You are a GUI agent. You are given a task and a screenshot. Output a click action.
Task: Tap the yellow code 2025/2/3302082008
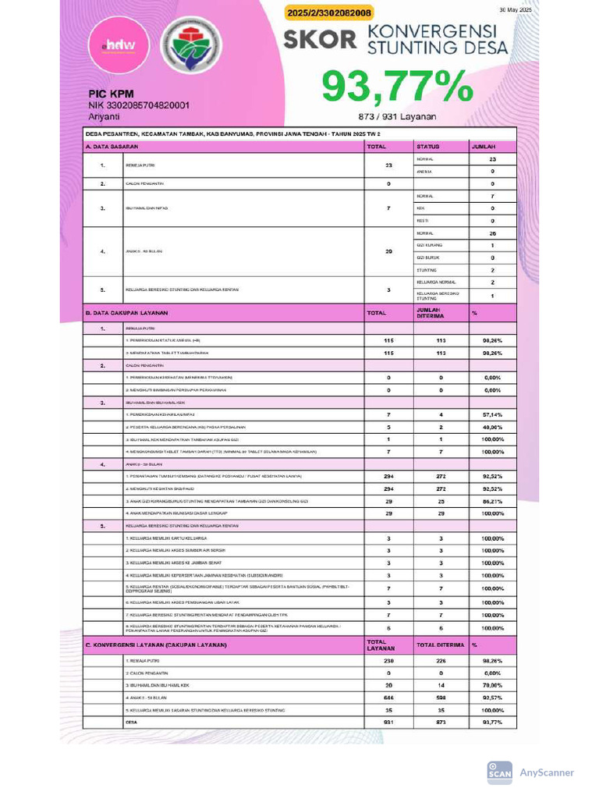330,12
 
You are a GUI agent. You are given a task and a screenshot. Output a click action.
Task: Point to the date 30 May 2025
514,9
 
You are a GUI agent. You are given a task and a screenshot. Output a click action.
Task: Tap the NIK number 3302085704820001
139,105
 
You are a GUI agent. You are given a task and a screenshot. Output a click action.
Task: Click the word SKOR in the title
320,39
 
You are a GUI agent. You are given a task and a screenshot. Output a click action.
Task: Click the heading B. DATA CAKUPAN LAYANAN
126,313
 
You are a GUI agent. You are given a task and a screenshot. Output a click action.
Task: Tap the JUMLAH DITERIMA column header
430,312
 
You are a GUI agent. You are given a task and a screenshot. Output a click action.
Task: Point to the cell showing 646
388,697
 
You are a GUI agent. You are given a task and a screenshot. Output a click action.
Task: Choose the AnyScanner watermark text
547,772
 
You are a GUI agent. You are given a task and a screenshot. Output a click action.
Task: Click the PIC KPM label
112,93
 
